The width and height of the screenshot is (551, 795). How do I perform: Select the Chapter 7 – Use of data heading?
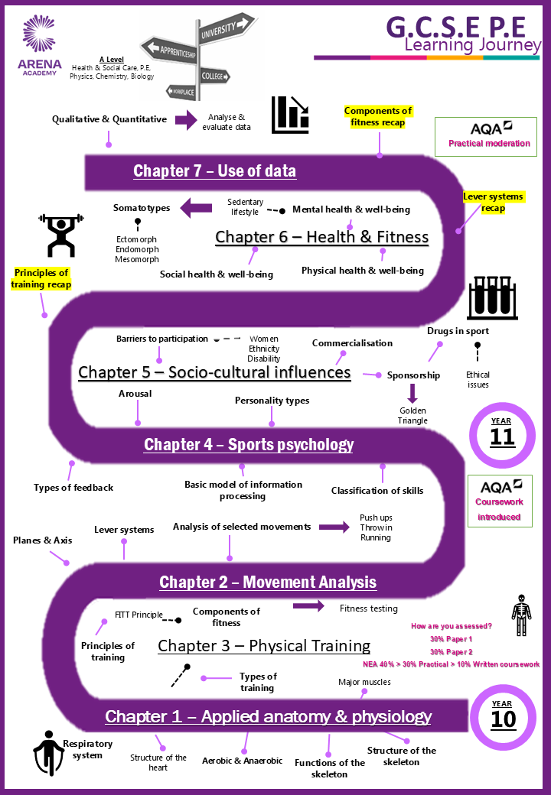pos(214,171)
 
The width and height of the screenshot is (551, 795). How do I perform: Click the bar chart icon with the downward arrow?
pos(290,115)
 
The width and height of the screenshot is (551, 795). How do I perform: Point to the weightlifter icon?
pos(61,235)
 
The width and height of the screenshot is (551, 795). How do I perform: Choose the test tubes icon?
pos(492,298)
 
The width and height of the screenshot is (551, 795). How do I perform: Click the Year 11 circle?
pos(502,434)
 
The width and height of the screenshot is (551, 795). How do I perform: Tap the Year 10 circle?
pos(502,717)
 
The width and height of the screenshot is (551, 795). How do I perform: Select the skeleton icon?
pos(521,615)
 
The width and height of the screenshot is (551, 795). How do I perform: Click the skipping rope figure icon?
pos(48,753)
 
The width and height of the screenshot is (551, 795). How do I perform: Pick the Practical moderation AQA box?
pos(485,136)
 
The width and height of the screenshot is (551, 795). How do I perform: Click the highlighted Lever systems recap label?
pos(493,203)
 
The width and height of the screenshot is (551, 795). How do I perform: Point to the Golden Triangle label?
pos(412,415)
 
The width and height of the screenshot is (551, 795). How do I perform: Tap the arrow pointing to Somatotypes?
pos(197,208)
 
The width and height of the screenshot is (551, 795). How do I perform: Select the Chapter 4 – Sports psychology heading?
pos(249,445)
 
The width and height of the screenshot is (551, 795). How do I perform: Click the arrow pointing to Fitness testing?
pos(308,605)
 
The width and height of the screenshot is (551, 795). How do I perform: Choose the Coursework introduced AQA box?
pos(500,501)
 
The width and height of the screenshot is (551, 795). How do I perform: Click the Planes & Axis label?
pos(43,540)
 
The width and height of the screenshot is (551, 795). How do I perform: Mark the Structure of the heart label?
pos(158,763)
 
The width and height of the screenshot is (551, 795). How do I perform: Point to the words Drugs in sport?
pos(458,331)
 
